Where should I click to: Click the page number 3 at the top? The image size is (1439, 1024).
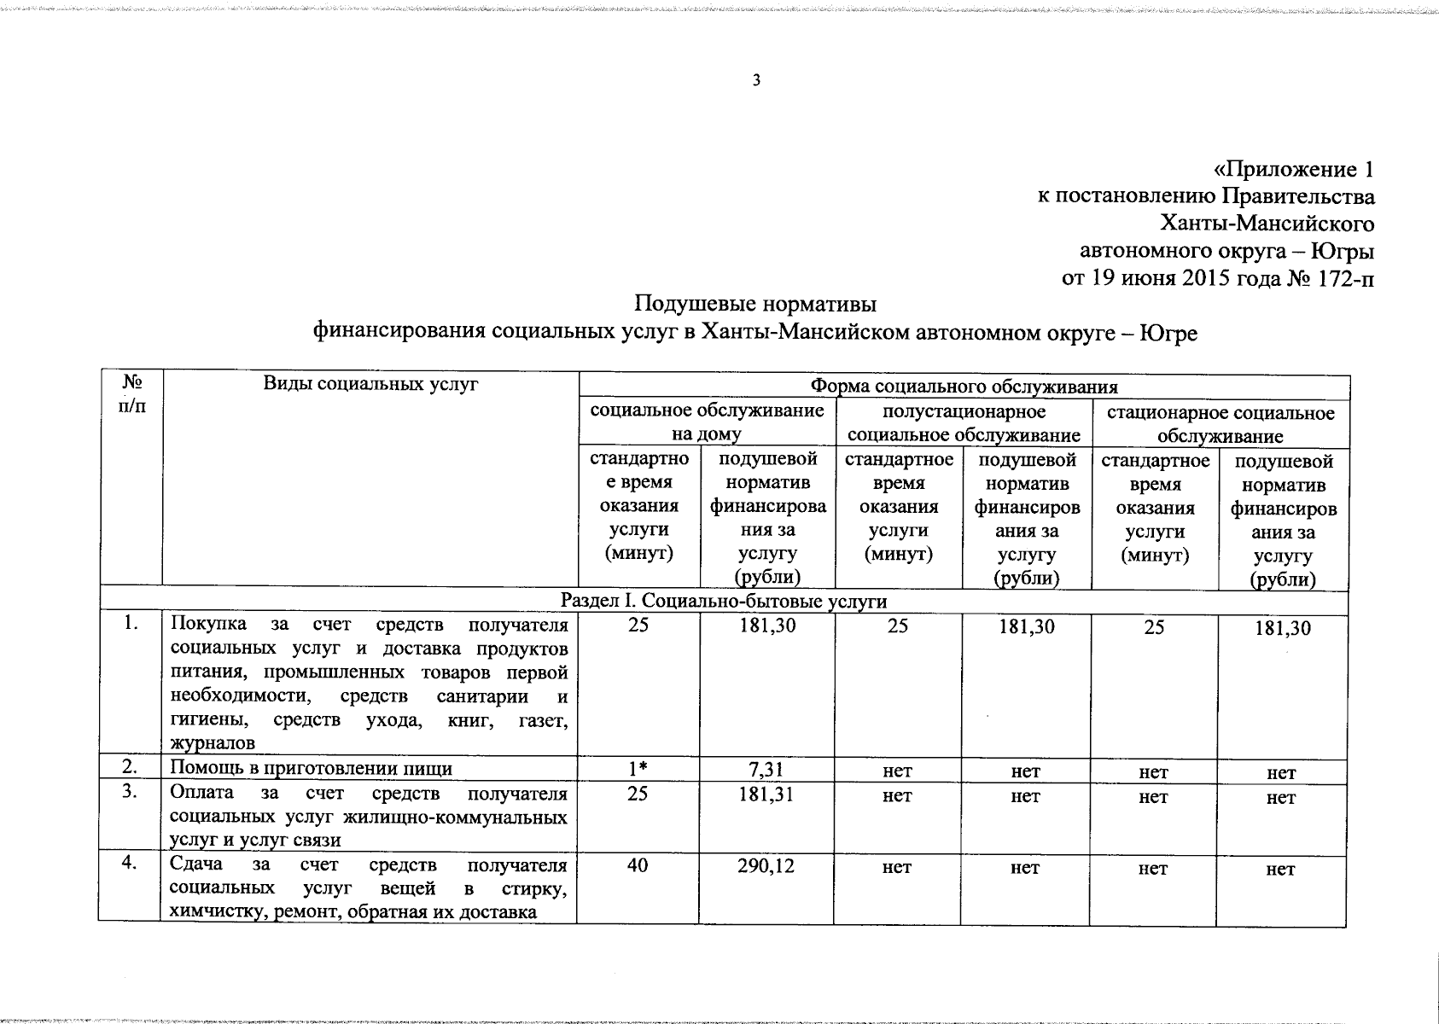click(x=755, y=81)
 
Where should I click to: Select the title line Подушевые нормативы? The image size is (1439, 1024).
click(x=755, y=304)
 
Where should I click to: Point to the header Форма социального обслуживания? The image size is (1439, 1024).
click(x=964, y=387)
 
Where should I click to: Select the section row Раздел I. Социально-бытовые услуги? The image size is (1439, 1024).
click(x=723, y=602)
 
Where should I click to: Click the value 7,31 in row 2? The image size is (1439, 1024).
click(x=766, y=771)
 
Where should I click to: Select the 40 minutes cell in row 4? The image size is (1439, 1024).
click(x=638, y=866)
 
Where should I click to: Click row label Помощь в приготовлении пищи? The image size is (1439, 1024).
click(x=311, y=769)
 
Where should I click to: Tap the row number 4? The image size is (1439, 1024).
click(x=129, y=863)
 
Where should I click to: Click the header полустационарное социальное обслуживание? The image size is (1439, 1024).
click(x=964, y=424)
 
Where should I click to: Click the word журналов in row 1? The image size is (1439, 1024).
click(x=212, y=744)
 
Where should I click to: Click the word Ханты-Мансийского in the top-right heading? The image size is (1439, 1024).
click(x=1267, y=224)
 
